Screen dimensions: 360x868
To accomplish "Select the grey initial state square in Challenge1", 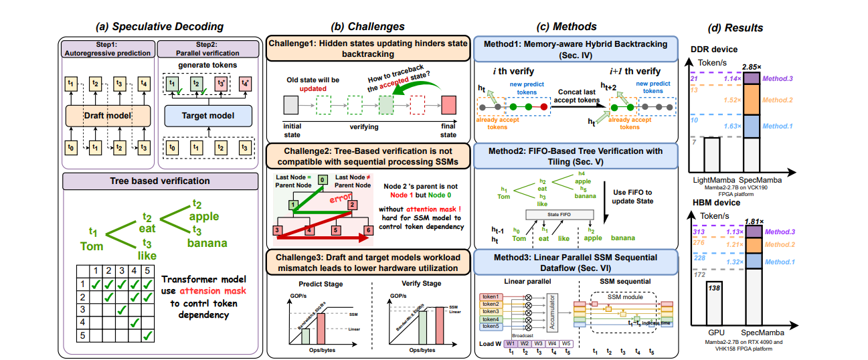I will (x=290, y=105).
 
